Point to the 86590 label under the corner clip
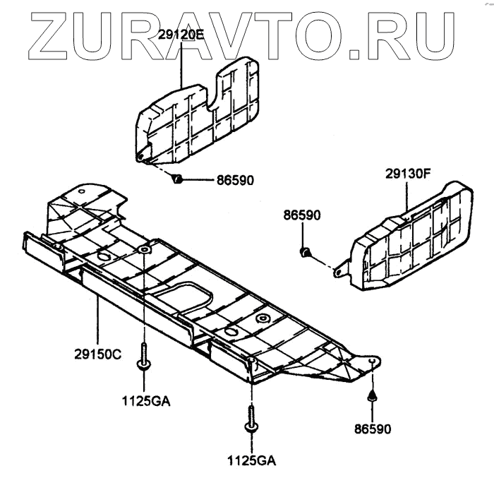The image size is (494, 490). [372, 429]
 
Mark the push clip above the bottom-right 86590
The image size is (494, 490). [373, 397]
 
